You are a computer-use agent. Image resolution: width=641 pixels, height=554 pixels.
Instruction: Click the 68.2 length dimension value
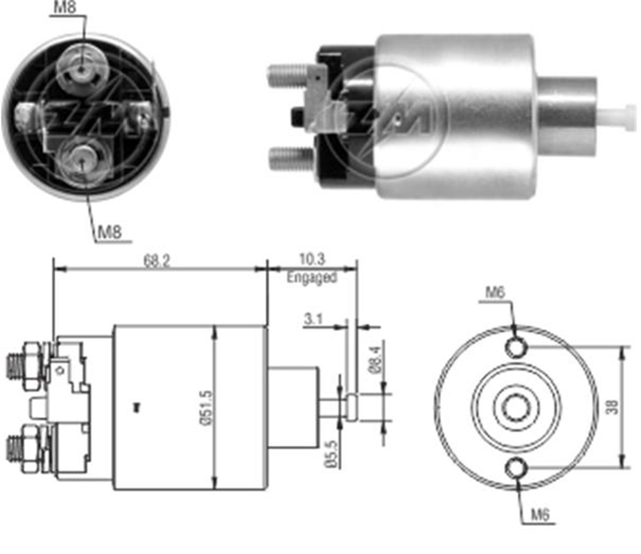[157, 261]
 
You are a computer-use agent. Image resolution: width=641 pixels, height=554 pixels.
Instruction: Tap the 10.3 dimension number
[312, 259]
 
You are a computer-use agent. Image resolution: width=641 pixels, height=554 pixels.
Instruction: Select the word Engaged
[311, 277]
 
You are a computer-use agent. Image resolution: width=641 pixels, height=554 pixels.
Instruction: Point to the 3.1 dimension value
[313, 319]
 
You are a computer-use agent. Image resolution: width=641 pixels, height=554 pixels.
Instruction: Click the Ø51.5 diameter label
[206, 408]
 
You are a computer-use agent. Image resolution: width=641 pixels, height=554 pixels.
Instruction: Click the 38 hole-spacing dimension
[612, 407]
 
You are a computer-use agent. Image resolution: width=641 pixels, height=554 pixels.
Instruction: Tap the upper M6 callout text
[495, 293]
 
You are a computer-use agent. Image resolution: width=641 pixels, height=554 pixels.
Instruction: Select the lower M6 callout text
[540, 515]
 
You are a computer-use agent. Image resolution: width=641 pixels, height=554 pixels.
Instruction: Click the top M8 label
[65, 7]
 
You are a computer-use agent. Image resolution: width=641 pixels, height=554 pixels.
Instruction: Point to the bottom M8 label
[110, 232]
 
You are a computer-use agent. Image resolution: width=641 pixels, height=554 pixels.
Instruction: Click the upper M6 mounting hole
[517, 347]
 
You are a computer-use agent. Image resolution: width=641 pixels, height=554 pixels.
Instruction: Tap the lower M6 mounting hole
[517, 469]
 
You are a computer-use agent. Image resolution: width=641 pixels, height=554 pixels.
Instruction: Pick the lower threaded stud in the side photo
[292, 159]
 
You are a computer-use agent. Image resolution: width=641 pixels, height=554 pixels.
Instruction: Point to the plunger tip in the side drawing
[351, 407]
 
